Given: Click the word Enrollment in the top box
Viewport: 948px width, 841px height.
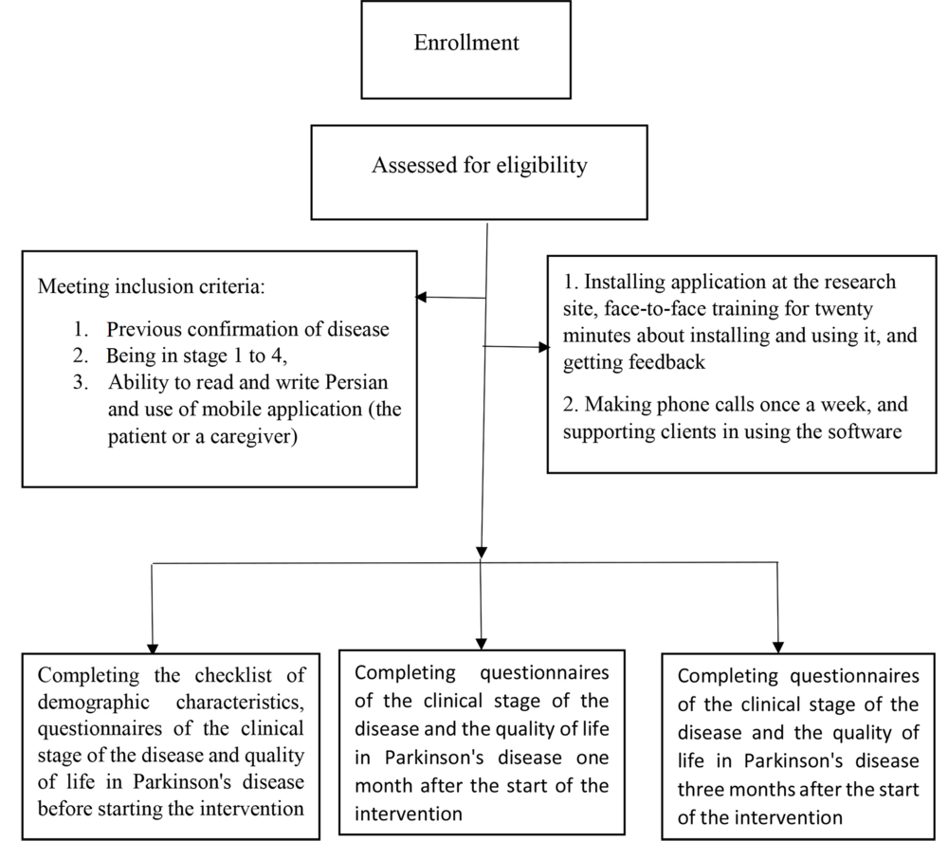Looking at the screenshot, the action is click(x=466, y=43).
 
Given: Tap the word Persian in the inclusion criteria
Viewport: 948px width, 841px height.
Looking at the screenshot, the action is click(x=356, y=382).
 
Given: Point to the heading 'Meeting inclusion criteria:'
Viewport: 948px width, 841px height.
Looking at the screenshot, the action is click(x=151, y=286).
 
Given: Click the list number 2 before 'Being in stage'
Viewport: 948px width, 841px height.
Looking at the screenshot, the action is click(x=80, y=356).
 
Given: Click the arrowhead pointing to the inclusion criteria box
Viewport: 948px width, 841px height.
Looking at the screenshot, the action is click(x=421, y=297).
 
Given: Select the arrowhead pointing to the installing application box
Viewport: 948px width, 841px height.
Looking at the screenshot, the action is click(x=544, y=347).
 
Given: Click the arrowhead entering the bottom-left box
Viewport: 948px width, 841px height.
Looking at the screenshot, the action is click(x=153, y=649).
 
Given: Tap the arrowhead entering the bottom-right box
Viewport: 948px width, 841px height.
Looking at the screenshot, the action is click(x=778, y=648).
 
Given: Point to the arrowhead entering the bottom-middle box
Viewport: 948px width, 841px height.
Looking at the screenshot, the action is click(x=482, y=644).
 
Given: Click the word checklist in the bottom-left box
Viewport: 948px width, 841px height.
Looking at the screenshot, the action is click(x=233, y=675).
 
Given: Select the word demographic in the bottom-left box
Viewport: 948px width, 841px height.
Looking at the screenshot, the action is click(x=94, y=703).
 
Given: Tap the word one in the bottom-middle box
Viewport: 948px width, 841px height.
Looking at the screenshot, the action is click(x=592, y=759).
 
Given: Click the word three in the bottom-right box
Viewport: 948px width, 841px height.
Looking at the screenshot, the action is click(x=701, y=790).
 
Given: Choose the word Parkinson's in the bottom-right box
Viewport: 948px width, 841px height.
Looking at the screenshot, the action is click(x=793, y=760).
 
